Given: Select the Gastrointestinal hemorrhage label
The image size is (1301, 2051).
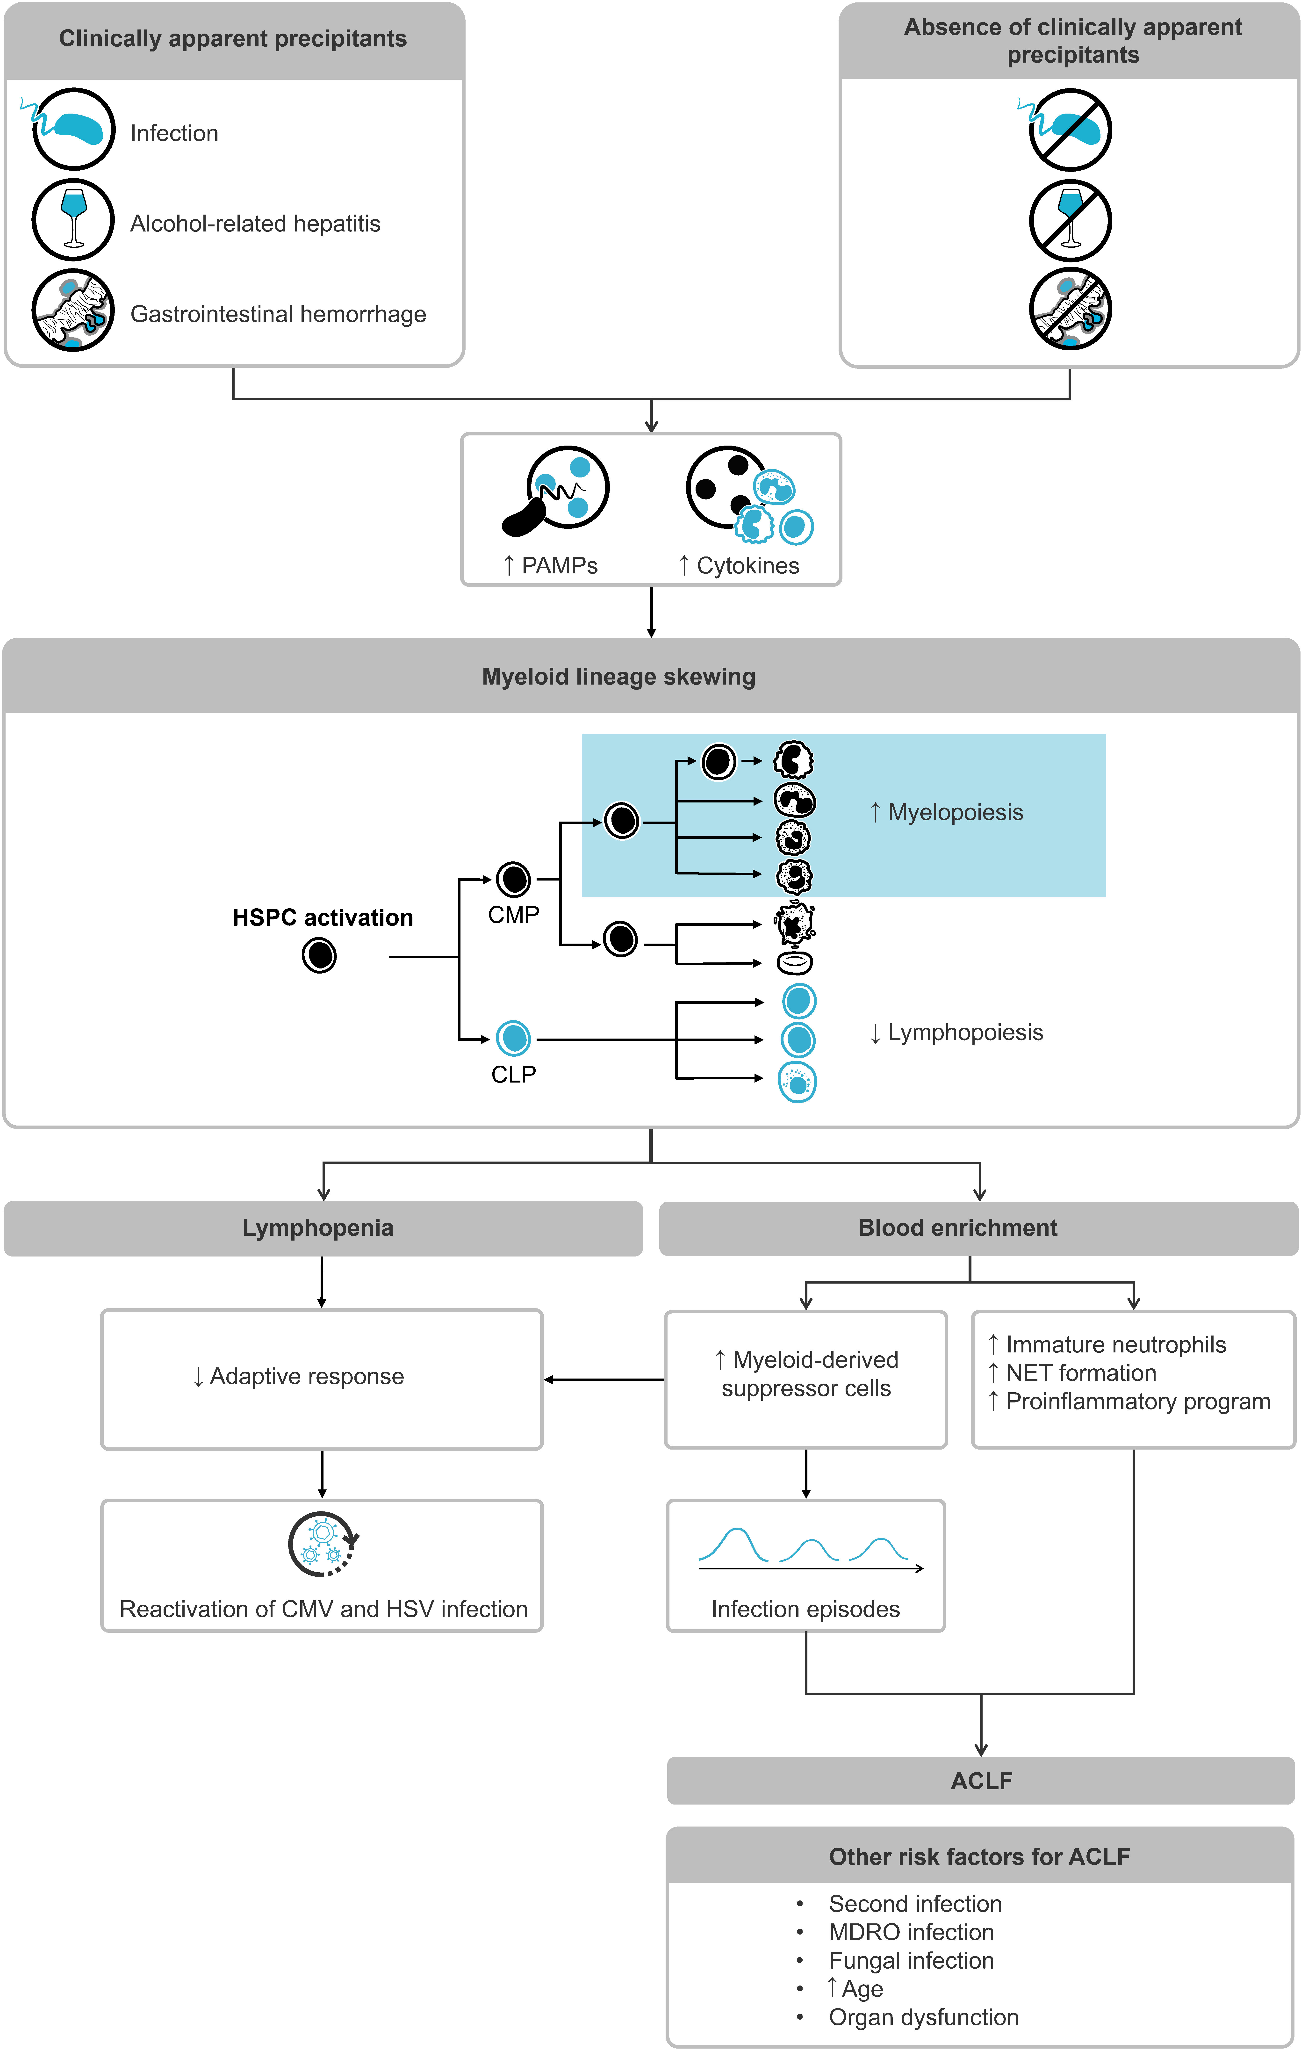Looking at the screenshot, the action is pyautogui.click(x=278, y=314).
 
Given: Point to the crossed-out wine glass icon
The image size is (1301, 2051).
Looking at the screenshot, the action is pyautogui.click(x=1070, y=220).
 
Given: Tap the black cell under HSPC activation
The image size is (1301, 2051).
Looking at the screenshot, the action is pyautogui.click(x=319, y=956).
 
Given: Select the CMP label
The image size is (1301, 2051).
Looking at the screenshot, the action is pyautogui.click(x=513, y=915).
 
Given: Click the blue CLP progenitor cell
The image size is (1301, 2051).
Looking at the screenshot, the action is pyautogui.click(x=513, y=1038).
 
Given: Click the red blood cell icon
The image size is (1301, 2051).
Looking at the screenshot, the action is pyautogui.click(x=795, y=962).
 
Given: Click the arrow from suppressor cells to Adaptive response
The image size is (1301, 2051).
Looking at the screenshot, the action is pyautogui.click(x=604, y=1380).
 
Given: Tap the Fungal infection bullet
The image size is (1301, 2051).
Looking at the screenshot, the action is pyautogui.click(x=911, y=1961).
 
